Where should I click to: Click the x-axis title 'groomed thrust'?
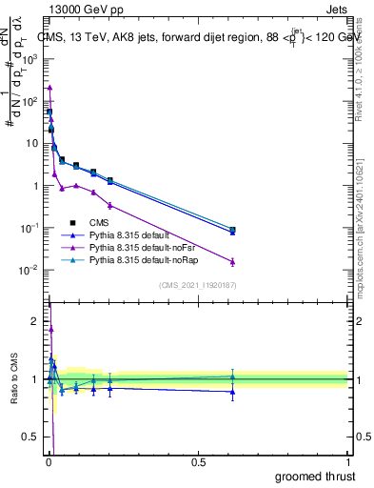pyautogui.click(x=316, y=476)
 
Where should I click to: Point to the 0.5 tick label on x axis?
pyautogui.click(x=198, y=462)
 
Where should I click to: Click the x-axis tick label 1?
pyautogui.click(x=346, y=462)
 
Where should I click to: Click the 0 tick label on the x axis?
pyautogui.click(x=49, y=462)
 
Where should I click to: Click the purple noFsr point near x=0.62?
pyautogui.click(x=232, y=261)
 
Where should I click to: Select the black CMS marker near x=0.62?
pyautogui.click(x=232, y=230)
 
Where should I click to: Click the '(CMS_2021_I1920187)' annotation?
pyautogui.click(x=197, y=284)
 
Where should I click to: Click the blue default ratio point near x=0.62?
pyautogui.click(x=232, y=392)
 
